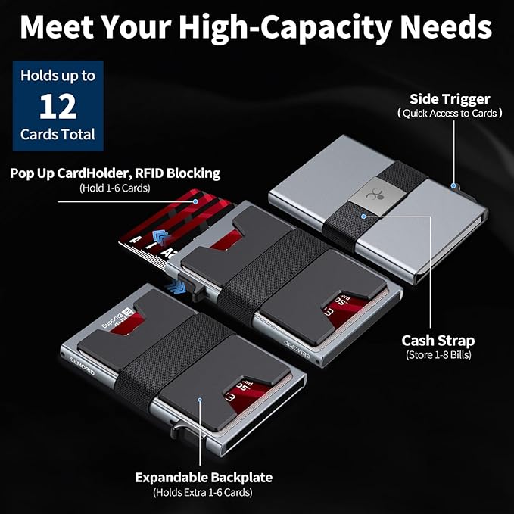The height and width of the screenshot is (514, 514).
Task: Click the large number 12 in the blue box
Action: pos(58,107)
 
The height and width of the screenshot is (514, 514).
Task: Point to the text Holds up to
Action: pos(58,76)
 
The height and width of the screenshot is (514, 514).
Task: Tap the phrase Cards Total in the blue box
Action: pos(58,135)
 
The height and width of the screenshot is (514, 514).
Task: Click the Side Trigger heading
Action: pos(450,99)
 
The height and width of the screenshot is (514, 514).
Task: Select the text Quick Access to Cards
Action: pos(450,113)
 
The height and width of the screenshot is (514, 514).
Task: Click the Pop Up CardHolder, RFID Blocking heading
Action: pos(115,173)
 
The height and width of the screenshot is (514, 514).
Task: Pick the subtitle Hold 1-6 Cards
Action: pos(115,187)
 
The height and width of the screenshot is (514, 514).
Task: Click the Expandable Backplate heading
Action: pos(204,478)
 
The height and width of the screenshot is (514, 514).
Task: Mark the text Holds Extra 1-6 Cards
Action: pos(204,492)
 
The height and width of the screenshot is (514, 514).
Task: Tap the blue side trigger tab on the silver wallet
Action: pos(453,184)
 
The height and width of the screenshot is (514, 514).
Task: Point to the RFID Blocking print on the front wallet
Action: pos(111,321)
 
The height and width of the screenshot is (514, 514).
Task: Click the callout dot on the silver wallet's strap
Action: pos(364,216)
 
